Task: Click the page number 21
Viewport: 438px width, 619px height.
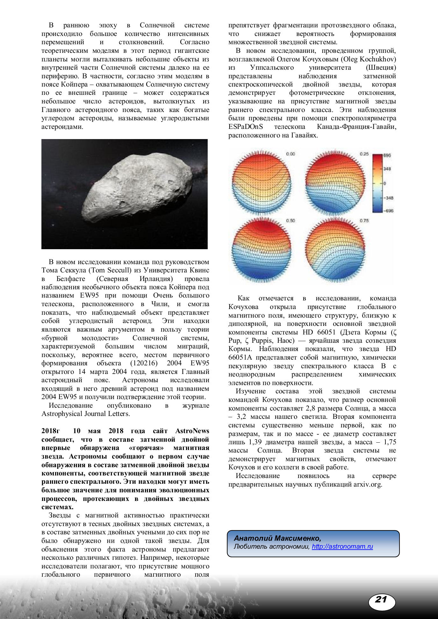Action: coord(381,599)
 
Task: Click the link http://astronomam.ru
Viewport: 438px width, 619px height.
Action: coord(342,547)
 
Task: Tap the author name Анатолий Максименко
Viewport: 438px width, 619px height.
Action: coord(277,538)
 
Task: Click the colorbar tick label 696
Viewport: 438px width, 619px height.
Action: coord(387,155)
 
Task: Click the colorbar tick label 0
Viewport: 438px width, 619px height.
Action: coord(384,183)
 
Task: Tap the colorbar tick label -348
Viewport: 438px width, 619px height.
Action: coord(388,198)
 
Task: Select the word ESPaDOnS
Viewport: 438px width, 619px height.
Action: coord(246,127)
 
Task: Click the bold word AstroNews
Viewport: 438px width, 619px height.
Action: coord(192,431)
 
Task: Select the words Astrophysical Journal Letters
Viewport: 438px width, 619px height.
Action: coord(85,414)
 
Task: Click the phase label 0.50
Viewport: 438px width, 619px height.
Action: coord(290,221)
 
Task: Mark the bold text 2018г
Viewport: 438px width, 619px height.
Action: coord(50,431)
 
